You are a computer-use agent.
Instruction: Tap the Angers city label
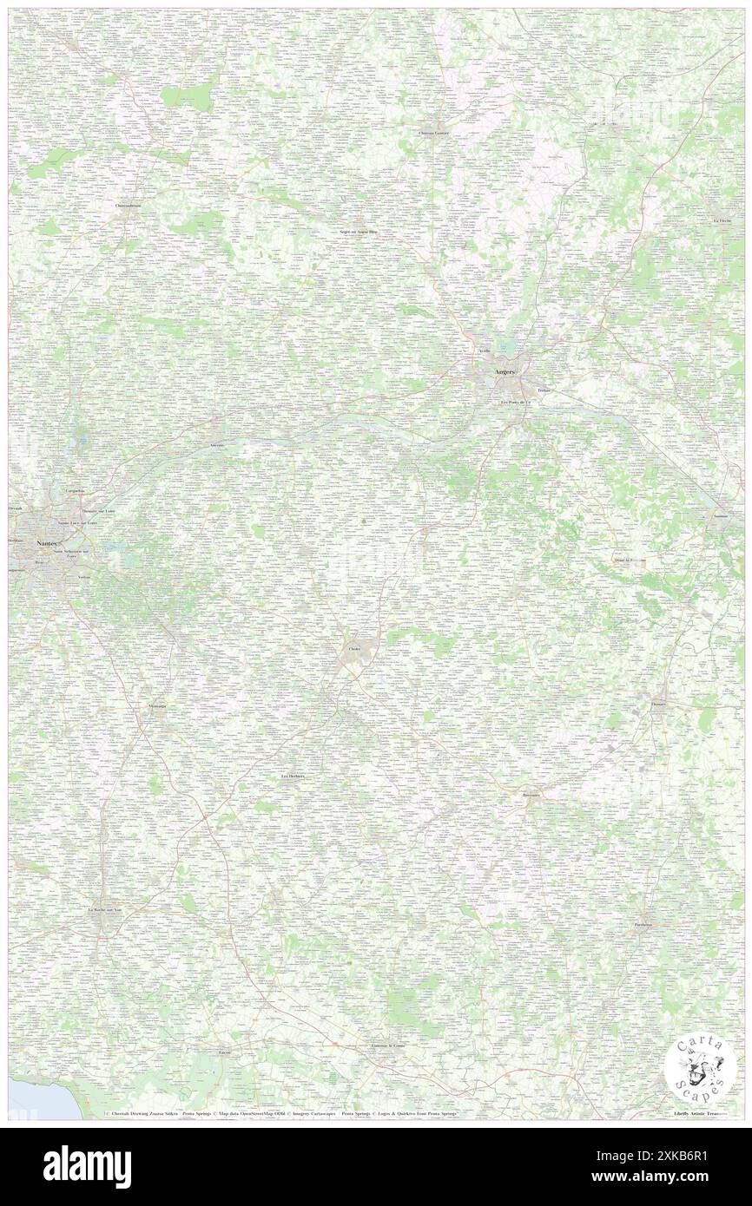tap(504, 371)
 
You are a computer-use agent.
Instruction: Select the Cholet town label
tap(354, 649)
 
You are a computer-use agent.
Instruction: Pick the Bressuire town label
tap(531, 795)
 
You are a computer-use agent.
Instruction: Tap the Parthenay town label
tap(643, 925)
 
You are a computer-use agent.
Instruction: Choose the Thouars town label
tap(659, 705)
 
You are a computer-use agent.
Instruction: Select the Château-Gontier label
tap(434, 133)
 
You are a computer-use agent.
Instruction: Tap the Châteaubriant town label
tap(129, 206)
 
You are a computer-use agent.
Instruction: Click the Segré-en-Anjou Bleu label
tap(359, 232)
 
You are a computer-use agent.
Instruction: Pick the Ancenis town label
tap(216, 444)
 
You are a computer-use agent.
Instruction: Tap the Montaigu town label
tap(157, 706)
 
